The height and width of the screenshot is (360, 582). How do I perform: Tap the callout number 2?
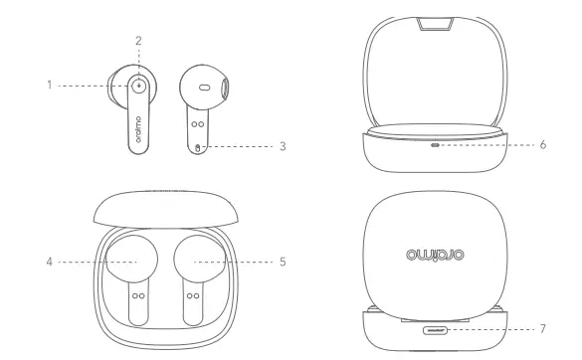[139, 40]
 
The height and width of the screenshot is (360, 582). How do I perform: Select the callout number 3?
[283, 146]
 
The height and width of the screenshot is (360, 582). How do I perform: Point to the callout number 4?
[49, 263]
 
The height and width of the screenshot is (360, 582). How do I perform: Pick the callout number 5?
[283, 263]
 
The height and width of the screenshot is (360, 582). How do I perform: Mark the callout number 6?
[542, 144]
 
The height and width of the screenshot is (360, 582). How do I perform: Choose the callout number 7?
[542, 326]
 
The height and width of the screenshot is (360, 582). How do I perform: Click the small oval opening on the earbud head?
[204, 88]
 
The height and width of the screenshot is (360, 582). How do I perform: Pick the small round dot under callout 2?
[138, 86]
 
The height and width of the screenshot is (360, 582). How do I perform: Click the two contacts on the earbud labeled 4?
[136, 295]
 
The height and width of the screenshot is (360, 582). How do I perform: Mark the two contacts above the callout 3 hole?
[198, 125]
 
